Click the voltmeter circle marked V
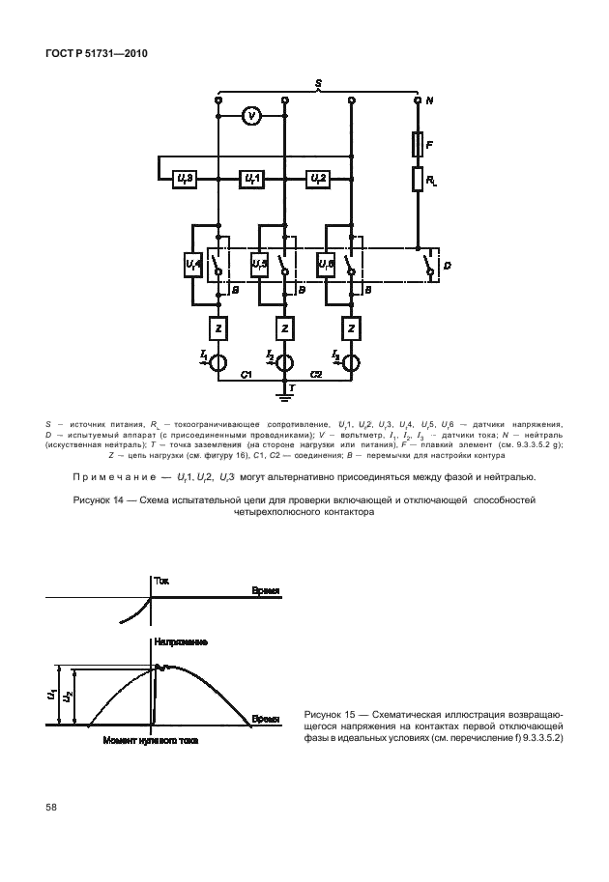pos(251,116)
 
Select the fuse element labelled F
pos(418,146)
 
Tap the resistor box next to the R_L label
pos(418,180)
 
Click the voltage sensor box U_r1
pos(251,179)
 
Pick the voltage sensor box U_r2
pos(317,179)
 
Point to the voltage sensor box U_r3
pos(186,179)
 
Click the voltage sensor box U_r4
pos(192,262)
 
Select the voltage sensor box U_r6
pos(326,262)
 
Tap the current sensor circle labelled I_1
pos(218,362)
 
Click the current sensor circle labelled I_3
pos(351,362)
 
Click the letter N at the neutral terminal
pos(430,100)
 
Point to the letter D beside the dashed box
pos(446,262)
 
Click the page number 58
pos(49,808)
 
